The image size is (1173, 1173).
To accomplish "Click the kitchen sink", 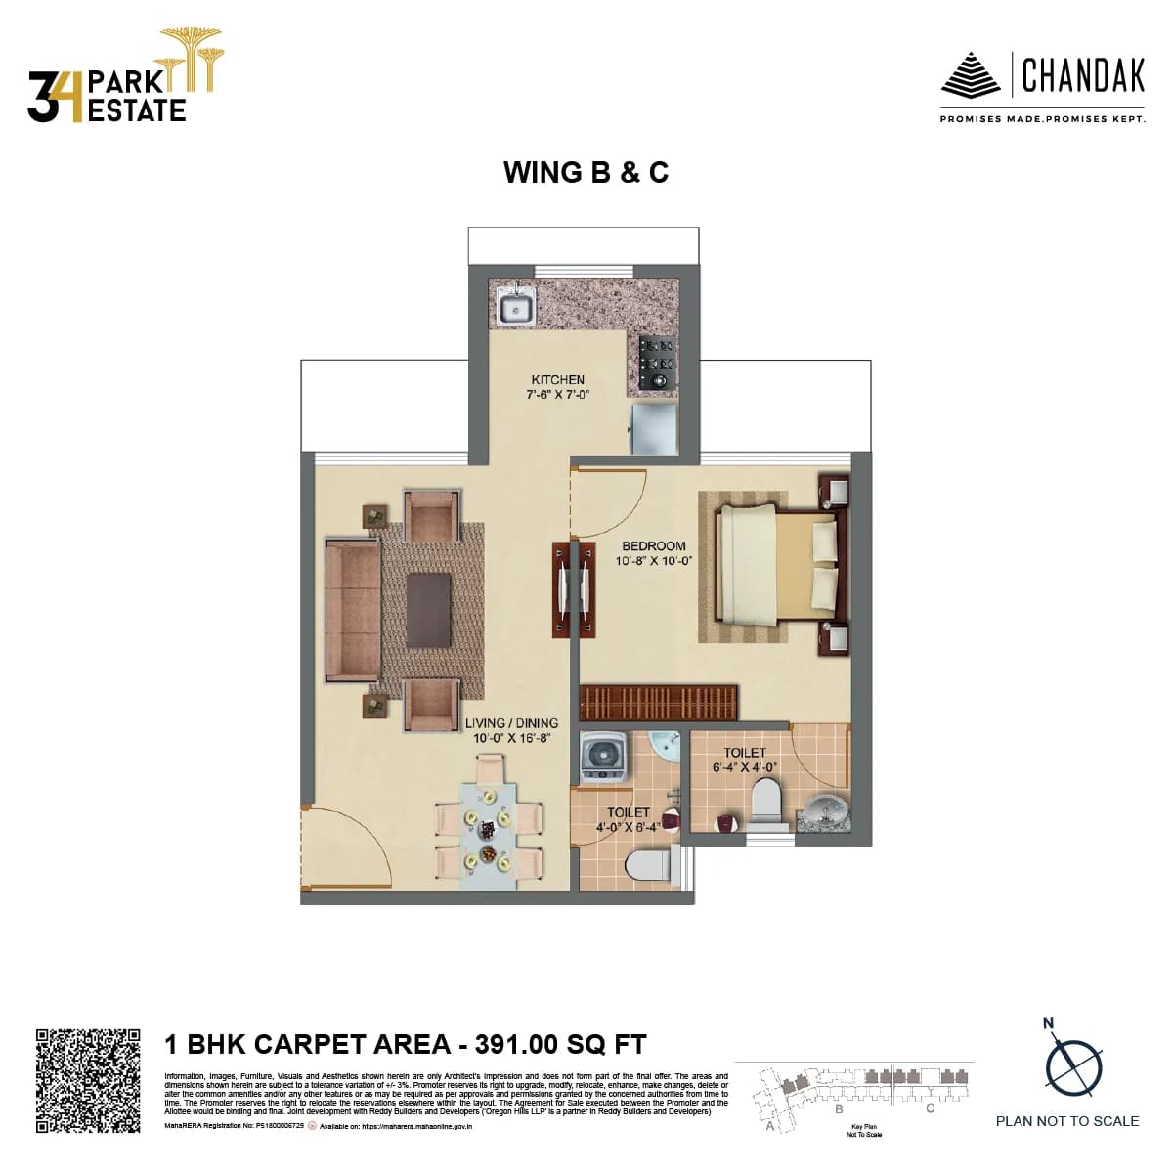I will [514, 309].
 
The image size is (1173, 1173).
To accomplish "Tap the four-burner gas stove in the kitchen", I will [657, 363].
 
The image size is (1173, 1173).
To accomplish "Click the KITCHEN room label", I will [557, 380].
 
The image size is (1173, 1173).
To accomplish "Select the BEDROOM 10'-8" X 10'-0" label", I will [653, 554].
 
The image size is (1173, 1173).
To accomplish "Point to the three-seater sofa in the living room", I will [353, 609].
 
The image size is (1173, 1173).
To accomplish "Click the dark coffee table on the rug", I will [429, 609].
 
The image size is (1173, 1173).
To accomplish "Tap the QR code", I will [88, 1080].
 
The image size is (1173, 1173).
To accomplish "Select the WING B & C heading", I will [586, 172].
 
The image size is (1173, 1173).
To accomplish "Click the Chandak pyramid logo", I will [970, 75].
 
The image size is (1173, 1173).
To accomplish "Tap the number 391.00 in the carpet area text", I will [516, 1044].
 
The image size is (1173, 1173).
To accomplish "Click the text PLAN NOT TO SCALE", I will [1067, 1121].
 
